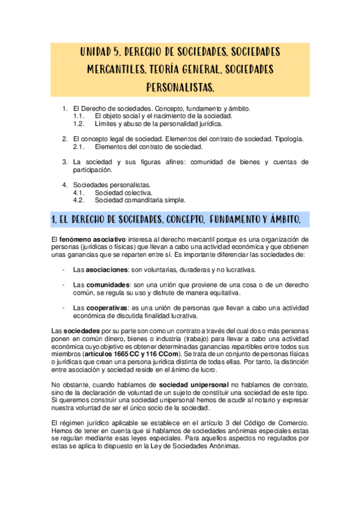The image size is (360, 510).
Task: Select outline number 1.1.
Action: [x=79, y=116]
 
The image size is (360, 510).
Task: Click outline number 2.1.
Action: [x=79, y=146]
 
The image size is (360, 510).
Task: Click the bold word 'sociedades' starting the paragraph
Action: [x=82, y=331]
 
